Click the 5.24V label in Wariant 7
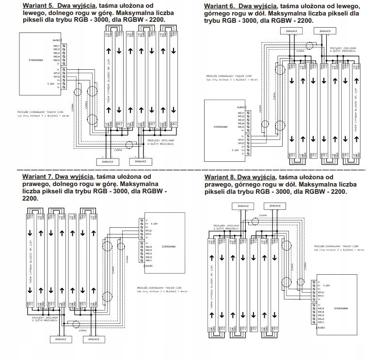tap(155, 223)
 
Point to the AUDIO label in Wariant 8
tap(323, 328)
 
